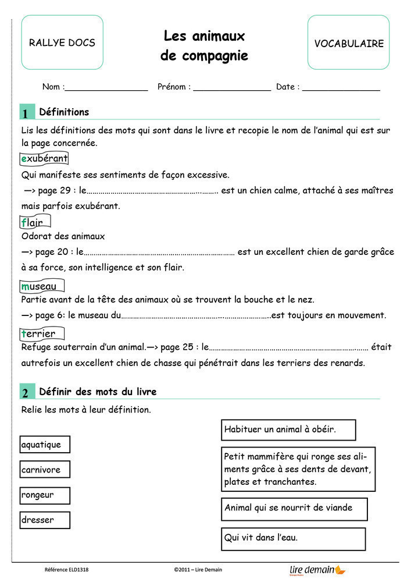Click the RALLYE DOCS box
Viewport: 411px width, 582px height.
(62, 42)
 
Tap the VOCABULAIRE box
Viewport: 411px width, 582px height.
(349, 43)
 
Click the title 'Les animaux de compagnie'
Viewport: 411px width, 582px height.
(204, 46)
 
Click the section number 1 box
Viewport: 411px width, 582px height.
(26, 113)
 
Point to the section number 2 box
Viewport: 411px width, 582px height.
(26, 393)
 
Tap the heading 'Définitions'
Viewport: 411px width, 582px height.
(64, 112)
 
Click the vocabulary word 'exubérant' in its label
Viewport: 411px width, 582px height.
(44, 158)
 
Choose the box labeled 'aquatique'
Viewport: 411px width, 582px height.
(45, 445)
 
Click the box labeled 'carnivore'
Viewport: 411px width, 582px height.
(45, 470)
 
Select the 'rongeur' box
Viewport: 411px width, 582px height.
(45, 495)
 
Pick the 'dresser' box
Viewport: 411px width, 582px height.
(45, 520)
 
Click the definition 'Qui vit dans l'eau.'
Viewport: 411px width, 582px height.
(293, 538)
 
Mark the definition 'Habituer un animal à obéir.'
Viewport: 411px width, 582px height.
(288, 430)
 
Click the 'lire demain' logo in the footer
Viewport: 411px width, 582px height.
(317, 570)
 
